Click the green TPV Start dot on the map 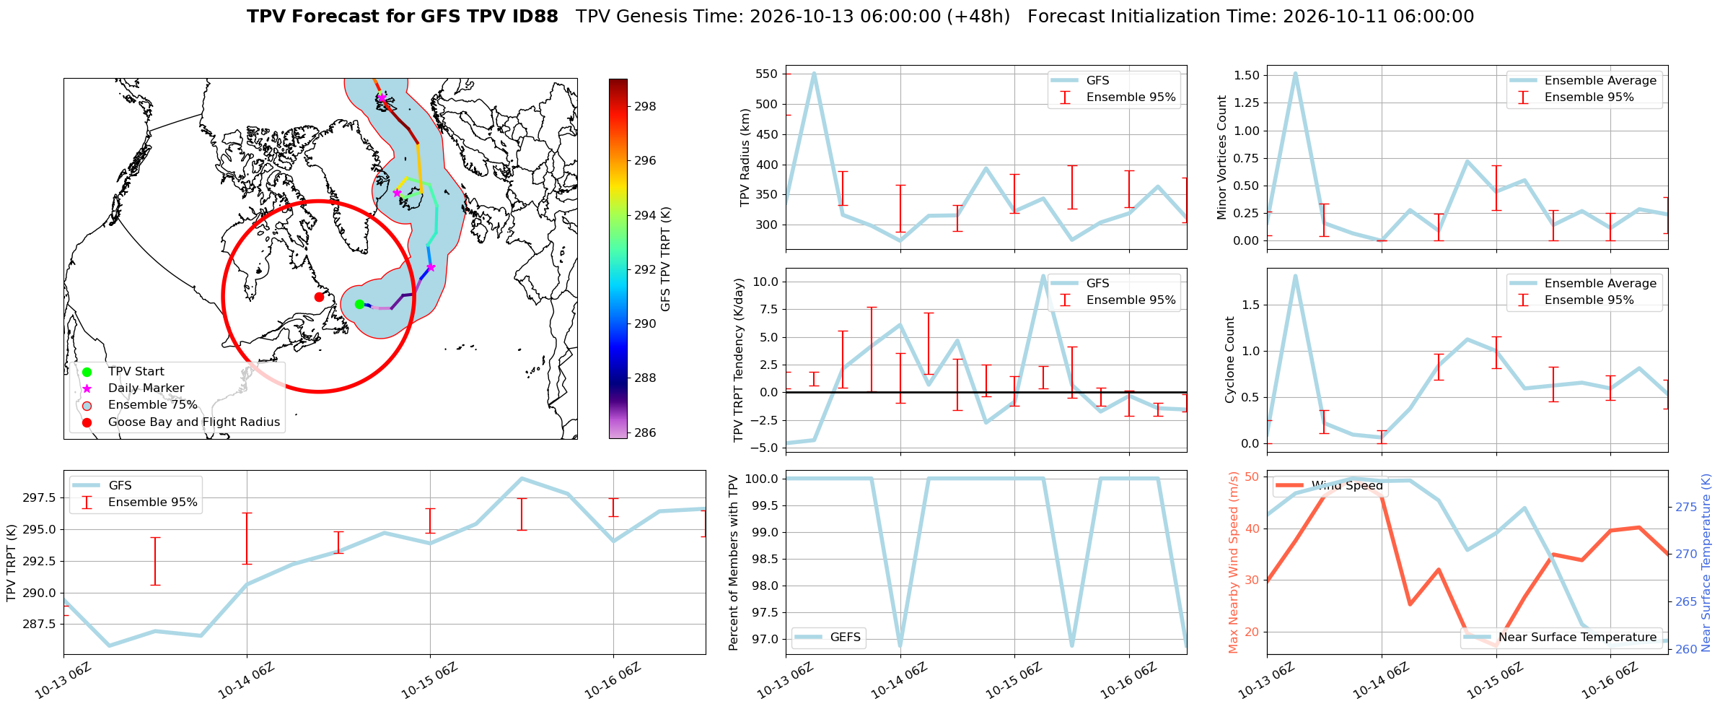[359, 304]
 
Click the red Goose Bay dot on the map [319, 297]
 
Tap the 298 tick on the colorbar [645, 106]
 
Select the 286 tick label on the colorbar [645, 432]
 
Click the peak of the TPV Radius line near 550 [814, 73]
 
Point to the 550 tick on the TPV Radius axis [766, 74]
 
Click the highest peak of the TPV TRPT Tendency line [1043, 275]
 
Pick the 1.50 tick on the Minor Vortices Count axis [1247, 75]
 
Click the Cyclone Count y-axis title [1231, 360]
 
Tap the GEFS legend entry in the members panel [828, 637]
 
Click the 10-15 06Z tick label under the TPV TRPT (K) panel [429, 680]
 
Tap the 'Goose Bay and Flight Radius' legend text [194, 422]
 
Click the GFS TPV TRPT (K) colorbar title [665, 258]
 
